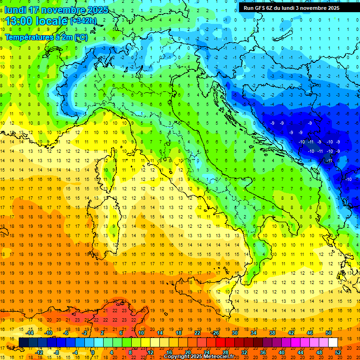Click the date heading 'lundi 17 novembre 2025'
(56, 10)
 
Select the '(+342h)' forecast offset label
(83, 21)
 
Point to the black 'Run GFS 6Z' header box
(295, 7)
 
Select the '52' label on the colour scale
(338, 352)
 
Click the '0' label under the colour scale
(93, 352)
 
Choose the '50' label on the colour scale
(329, 333)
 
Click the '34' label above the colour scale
(253, 333)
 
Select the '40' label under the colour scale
(281, 352)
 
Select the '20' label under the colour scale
(187, 352)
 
